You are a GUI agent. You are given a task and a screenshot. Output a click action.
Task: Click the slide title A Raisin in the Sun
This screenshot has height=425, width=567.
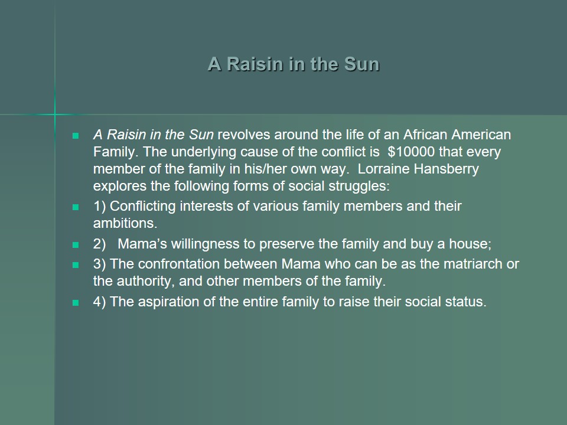tap(294, 64)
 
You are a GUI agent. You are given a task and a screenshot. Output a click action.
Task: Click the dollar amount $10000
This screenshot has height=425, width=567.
tap(411, 152)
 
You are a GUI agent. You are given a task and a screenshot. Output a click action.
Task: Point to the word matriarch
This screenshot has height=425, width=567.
tap(473, 264)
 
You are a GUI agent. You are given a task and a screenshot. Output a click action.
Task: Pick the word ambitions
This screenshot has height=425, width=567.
tap(125, 223)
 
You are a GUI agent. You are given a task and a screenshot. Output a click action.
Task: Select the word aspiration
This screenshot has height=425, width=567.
tap(168, 302)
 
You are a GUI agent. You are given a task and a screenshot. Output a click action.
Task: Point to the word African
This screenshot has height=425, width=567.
tap(425, 135)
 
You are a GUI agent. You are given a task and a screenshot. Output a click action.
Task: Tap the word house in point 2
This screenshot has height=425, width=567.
tap(470, 244)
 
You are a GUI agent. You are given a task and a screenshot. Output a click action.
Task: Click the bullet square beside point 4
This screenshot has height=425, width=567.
tap(76, 303)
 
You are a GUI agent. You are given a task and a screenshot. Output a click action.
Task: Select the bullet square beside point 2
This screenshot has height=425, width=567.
tap(76, 245)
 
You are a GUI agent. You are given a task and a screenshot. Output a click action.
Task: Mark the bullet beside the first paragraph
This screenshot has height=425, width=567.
tap(76, 136)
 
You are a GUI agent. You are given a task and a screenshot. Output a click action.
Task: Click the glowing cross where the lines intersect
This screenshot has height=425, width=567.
tap(55, 115)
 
